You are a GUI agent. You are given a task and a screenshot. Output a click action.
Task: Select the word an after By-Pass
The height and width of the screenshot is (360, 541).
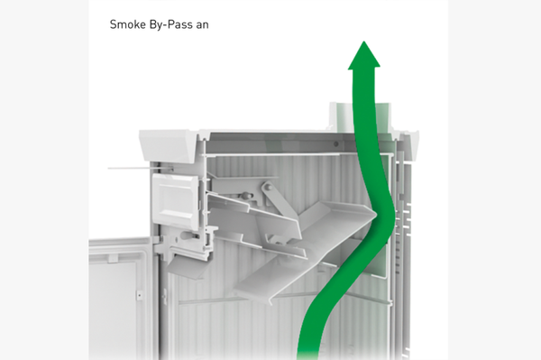click(203, 26)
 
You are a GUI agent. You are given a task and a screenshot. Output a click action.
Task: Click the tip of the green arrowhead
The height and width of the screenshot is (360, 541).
click(363, 42)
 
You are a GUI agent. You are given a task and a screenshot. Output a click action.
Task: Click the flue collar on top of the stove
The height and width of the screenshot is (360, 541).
click(360, 117)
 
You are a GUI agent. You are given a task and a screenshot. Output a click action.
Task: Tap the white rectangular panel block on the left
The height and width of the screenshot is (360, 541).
click(175, 200)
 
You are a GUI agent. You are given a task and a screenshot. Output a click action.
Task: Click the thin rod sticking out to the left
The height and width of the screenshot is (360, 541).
click(141, 168)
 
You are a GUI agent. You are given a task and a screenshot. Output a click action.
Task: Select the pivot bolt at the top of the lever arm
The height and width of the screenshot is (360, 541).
click(268, 188)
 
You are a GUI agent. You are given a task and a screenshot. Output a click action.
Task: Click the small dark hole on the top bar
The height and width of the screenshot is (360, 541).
click(335, 144)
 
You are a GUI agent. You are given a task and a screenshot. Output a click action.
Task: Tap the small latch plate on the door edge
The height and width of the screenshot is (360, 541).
click(140, 295)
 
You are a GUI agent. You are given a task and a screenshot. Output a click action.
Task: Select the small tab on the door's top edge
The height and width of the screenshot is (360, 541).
click(113, 258)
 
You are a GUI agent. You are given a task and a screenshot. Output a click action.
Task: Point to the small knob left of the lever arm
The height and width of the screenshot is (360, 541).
click(245, 196)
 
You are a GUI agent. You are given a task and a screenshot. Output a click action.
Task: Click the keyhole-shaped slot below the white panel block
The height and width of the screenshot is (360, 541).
click(189, 236)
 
